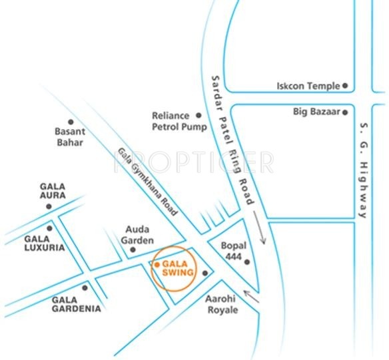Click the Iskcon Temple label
308,86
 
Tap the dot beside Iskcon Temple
346,86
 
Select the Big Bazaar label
316,112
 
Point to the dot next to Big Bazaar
345,112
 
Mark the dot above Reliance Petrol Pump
197,114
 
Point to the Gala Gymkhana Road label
149,181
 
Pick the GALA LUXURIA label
44,243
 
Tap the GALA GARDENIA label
77,304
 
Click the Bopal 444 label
234,252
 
